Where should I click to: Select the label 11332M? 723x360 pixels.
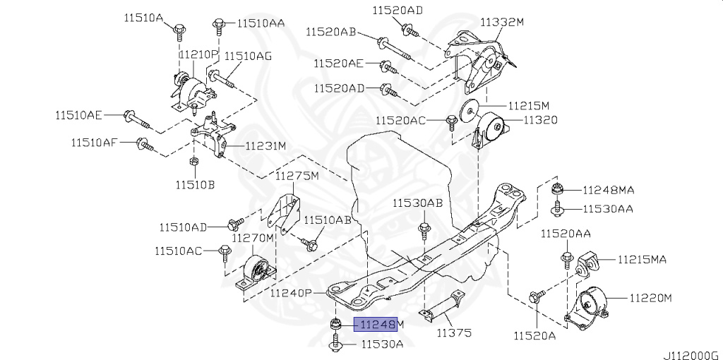(502, 23)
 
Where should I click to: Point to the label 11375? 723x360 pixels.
(453, 332)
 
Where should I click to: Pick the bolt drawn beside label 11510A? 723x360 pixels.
(180, 30)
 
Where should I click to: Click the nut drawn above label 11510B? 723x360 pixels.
(194, 164)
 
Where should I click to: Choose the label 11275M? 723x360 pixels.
(297, 175)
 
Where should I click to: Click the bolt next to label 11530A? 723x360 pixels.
(335, 344)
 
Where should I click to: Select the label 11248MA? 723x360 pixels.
(608, 190)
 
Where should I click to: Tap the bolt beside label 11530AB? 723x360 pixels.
(424, 230)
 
